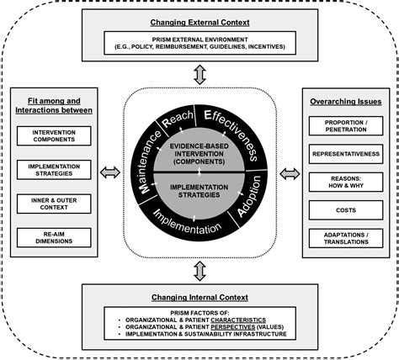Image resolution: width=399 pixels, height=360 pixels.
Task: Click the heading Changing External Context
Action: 200,21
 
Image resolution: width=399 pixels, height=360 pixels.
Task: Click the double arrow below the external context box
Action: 200,77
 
